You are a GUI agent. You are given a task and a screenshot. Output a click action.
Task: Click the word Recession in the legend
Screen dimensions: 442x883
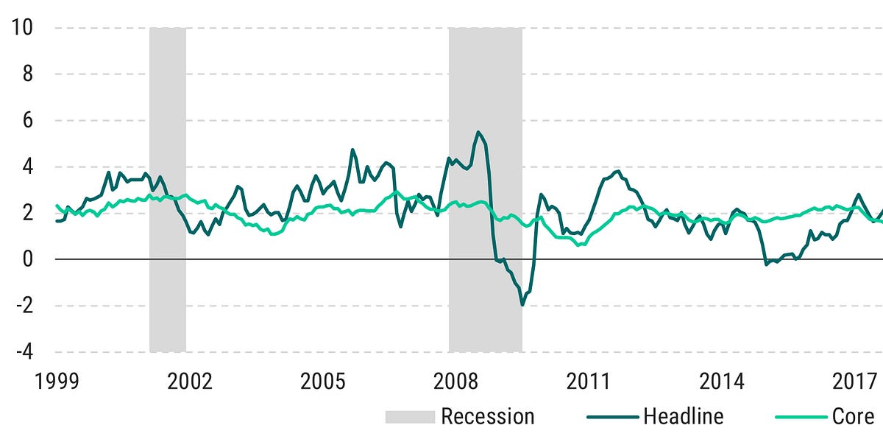[x=487, y=416]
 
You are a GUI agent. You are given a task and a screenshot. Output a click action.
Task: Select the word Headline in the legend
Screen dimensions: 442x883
[x=683, y=416]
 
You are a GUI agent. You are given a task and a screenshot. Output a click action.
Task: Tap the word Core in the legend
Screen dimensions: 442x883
[x=853, y=416]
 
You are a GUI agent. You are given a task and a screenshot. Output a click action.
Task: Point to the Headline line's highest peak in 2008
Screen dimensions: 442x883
[x=479, y=133]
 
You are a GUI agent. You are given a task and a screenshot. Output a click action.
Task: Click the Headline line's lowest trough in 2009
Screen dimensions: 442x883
[x=522, y=304]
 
